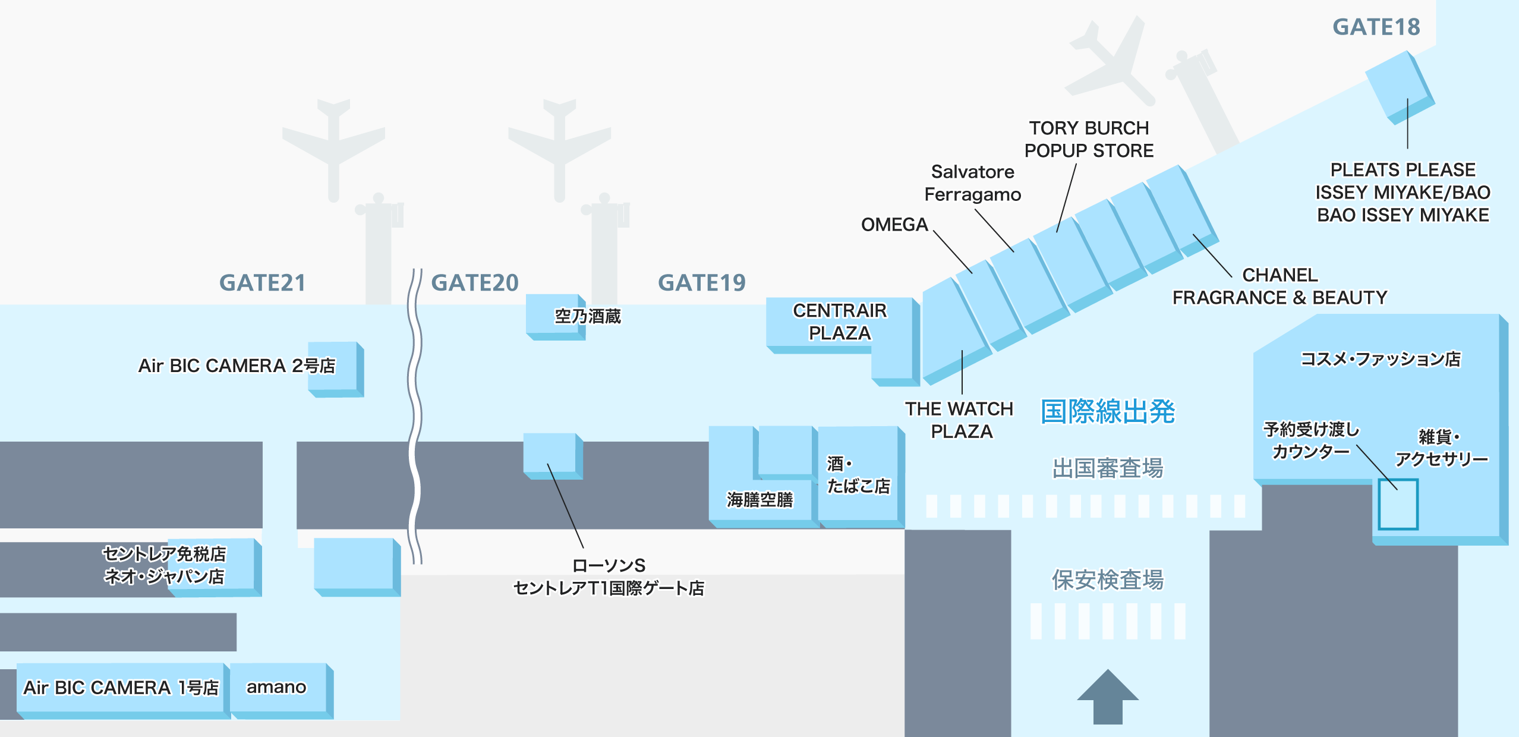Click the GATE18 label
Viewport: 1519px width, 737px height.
coord(1376,27)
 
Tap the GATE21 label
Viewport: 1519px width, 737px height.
coord(263,283)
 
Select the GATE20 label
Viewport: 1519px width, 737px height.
coord(475,283)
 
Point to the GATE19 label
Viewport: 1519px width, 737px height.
coord(702,283)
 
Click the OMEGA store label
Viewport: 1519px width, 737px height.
coord(894,225)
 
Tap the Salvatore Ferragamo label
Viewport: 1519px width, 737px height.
coord(973,183)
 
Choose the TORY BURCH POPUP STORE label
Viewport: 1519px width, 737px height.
coord(1089,139)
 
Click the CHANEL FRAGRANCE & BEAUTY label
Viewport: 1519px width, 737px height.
coord(1280,286)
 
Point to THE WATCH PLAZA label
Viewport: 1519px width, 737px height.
coord(960,420)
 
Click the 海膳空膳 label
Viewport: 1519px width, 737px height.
coord(760,500)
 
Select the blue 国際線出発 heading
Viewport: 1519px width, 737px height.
coord(1108,411)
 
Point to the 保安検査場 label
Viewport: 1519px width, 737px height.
coord(1108,579)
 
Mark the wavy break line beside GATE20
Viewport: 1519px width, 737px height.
coord(415,416)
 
